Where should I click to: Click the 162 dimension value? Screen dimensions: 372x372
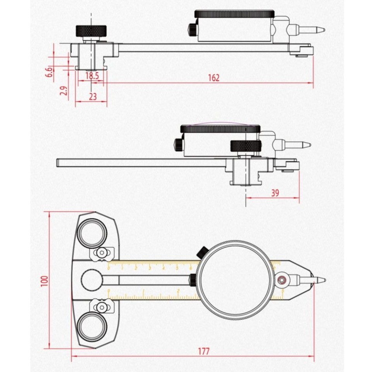pos(214,77)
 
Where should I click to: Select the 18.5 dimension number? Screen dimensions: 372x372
pos(92,76)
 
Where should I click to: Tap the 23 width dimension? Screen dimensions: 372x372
pos(93,96)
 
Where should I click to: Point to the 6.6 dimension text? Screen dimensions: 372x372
pos(49,72)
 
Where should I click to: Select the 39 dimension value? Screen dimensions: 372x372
pos(275,193)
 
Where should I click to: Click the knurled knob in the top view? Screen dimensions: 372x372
pos(91,30)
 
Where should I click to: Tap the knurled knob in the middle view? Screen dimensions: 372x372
pos(246,146)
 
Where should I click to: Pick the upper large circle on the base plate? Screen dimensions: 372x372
pos(93,232)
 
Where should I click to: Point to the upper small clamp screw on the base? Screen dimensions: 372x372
pos(102,253)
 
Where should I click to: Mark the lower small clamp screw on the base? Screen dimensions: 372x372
pos(102,307)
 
